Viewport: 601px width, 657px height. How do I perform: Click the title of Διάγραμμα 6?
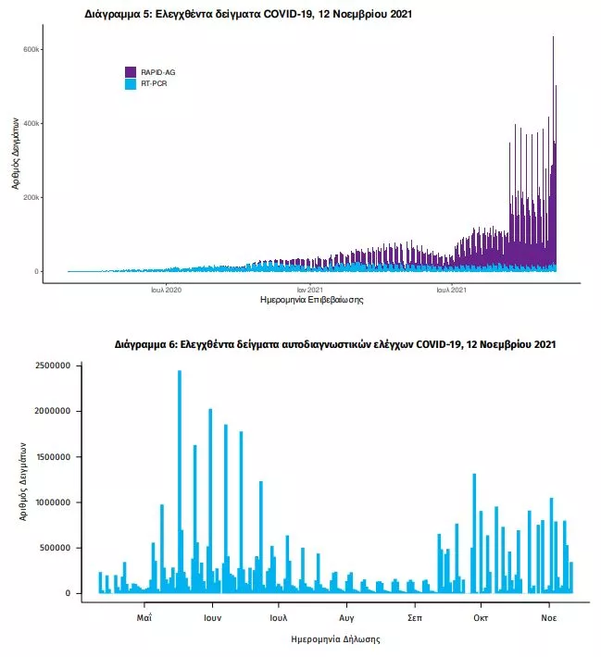pyautogui.click(x=335, y=344)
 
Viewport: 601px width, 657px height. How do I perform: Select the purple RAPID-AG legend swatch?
pyautogui.click(x=131, y=71)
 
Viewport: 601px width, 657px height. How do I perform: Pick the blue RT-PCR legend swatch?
pyautogui.click(x=131, y=83)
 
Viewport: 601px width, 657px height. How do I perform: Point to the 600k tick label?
pyautogui.click(x=31, y=49)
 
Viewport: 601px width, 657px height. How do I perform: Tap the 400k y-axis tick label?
pyautogui.click(x=31, y=123)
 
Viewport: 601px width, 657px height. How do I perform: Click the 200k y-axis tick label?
pyautogui.click(x=31, y=197)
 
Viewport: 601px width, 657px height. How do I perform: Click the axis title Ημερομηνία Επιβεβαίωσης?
pyautogui.click(x=312, y=301)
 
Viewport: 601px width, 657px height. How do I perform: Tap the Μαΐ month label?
pyautogui.click(x=144, y=615)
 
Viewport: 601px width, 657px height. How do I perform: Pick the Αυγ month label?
pyautogui.click(x=347, y=615)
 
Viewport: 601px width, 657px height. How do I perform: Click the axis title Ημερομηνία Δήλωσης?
pyautogui.click(x=335, y=638)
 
